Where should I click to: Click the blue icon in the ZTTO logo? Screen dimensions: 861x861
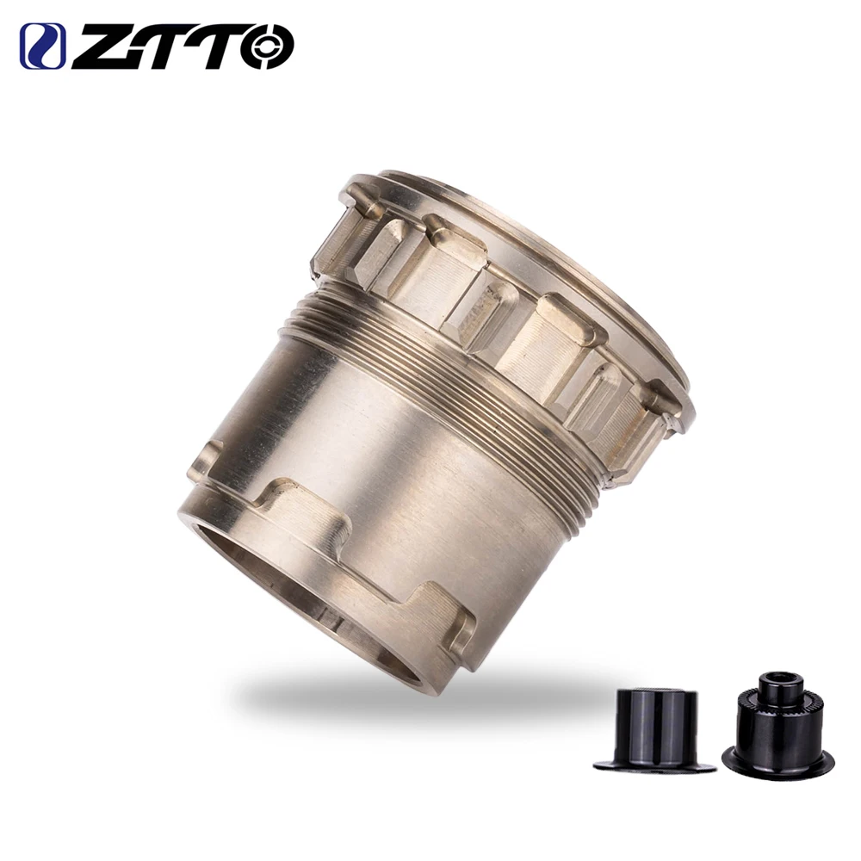[42, 46]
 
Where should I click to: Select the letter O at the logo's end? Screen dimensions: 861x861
[268, 46]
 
